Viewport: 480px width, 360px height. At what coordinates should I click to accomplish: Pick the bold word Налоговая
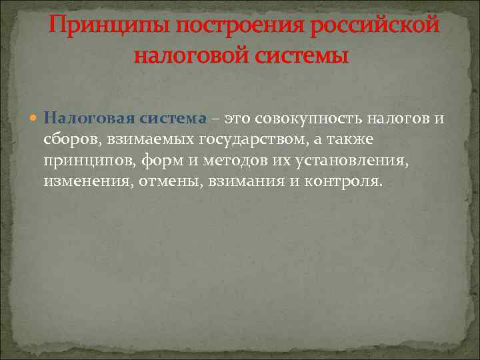(x=89, y=119)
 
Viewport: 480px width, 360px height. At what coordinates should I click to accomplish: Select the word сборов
(x=72, y=139)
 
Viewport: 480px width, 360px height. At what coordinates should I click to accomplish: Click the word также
(x=351, y=139)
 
